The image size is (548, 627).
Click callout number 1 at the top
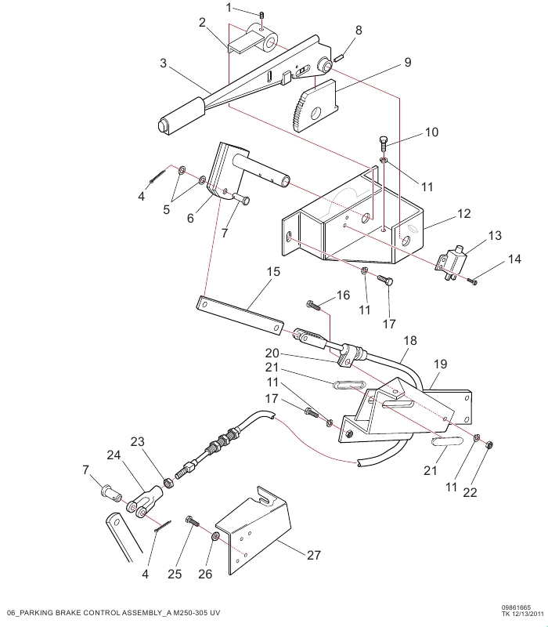tap(229, 8)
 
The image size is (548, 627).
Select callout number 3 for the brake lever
tap(164, 63)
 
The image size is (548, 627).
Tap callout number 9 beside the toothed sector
tap(407, 61)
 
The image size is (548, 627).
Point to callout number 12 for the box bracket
tap(463, 212)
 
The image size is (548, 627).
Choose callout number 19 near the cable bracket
tap(440, 364)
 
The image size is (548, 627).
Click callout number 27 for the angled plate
tap(313, 555)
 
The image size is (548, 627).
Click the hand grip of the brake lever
tap(180, 115)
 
